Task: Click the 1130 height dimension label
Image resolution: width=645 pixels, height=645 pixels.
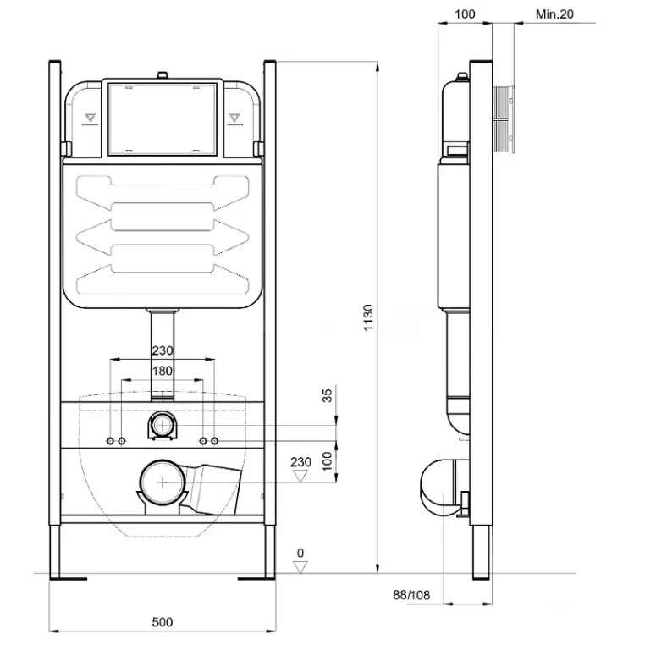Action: [368, 317]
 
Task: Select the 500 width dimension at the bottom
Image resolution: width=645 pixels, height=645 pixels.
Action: [162, 622]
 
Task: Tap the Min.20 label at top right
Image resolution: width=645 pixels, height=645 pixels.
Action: [554, 14]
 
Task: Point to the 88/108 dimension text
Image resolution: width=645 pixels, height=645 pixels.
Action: [411, 595]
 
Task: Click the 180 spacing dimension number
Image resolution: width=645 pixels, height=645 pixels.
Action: [162, 371]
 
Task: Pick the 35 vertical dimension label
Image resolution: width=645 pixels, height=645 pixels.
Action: [327, 395]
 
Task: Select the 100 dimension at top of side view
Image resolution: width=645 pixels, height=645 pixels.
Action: [465, 14]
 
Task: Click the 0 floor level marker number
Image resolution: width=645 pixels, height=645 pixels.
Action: [300, 553]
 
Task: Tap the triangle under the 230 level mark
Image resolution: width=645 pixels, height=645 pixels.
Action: [300, 477]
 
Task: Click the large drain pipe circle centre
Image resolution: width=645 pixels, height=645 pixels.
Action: [163, 482]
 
